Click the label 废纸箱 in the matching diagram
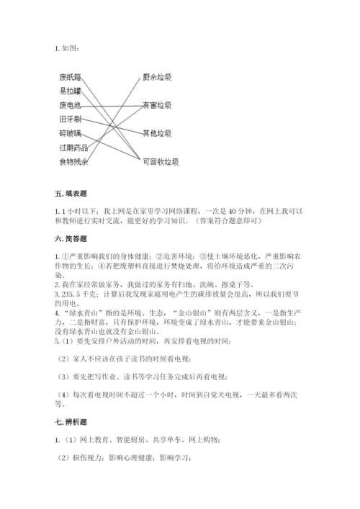(70, 76)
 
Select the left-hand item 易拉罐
(70, 90)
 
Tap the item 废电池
(70, 104)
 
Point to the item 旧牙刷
(70, 119)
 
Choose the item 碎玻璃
(70, 133)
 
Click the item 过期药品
(73, 148)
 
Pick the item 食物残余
(73, 162)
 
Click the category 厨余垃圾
(157, 76)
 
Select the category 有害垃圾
(157, 104)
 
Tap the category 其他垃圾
(157, 133)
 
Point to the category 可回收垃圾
(160, 162)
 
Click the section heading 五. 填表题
(70, 194)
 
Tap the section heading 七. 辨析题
(70, 422)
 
